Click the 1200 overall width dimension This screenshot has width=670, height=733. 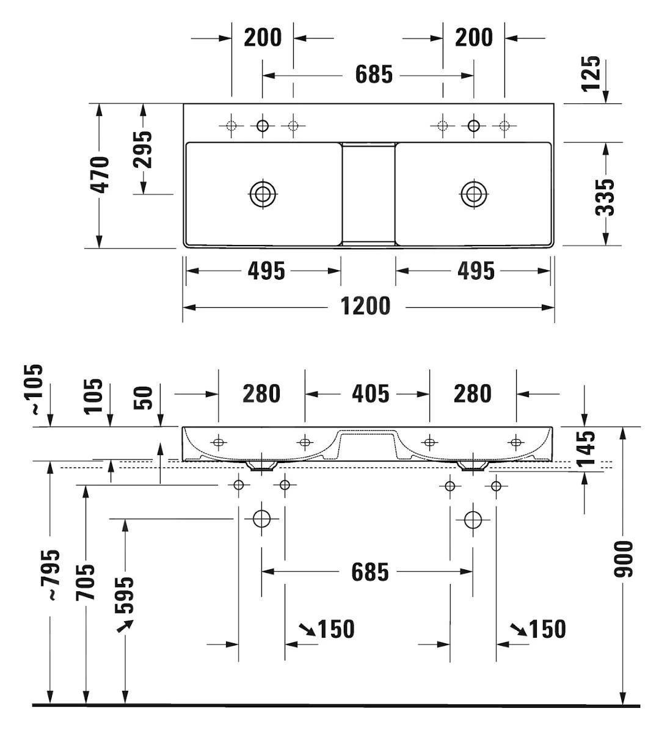click(x=365, y=305)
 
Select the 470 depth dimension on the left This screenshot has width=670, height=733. click(x=100, y=175)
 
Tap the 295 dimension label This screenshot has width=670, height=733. click(x=143, y=149)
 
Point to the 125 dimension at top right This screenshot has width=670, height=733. click(x=591, y=73)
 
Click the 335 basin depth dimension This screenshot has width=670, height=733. click(x=605, y=197)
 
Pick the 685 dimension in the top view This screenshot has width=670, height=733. click(x=374, y=75)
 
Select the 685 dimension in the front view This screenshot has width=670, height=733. click(x=370, y=572)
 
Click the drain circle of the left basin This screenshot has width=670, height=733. click(x=263, y=194)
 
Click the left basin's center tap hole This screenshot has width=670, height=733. click(x=263, y=126)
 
